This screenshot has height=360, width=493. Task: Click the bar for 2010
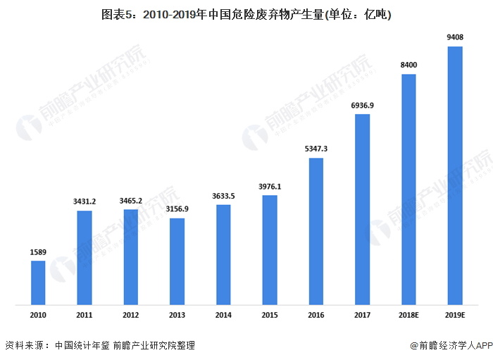click(x=38, y=283)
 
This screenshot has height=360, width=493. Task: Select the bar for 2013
click(x=177, y=261)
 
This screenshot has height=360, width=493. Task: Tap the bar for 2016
click(x=316, y=231)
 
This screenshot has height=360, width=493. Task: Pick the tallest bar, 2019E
click(x=455, y=176)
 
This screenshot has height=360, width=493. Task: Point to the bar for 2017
click(x=362, y=209)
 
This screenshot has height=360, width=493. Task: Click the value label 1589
click(x=38, y=252)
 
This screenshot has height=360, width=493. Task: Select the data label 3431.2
click(x=84, y=201)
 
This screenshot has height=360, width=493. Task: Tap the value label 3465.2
click(x=130, y=201)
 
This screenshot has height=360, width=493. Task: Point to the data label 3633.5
click(x=223, y=196)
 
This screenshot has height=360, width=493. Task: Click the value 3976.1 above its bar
click(x=270, y=187)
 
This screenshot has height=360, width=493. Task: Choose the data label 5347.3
click(x=316, y=149)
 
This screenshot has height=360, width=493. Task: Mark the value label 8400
click(x=408, y=65)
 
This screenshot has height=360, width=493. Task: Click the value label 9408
click(x=455, y=37)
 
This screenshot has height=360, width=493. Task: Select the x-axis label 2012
click(x=130, y=317)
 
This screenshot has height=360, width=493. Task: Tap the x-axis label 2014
click(x=223, y=317)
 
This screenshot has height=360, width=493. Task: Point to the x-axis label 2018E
click(x=408, y=317)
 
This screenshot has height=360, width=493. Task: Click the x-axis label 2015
click(x=270, y=317)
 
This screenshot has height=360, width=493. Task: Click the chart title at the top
click(x=246, y=14)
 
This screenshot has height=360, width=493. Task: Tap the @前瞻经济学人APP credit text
click(x=451, y=345)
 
